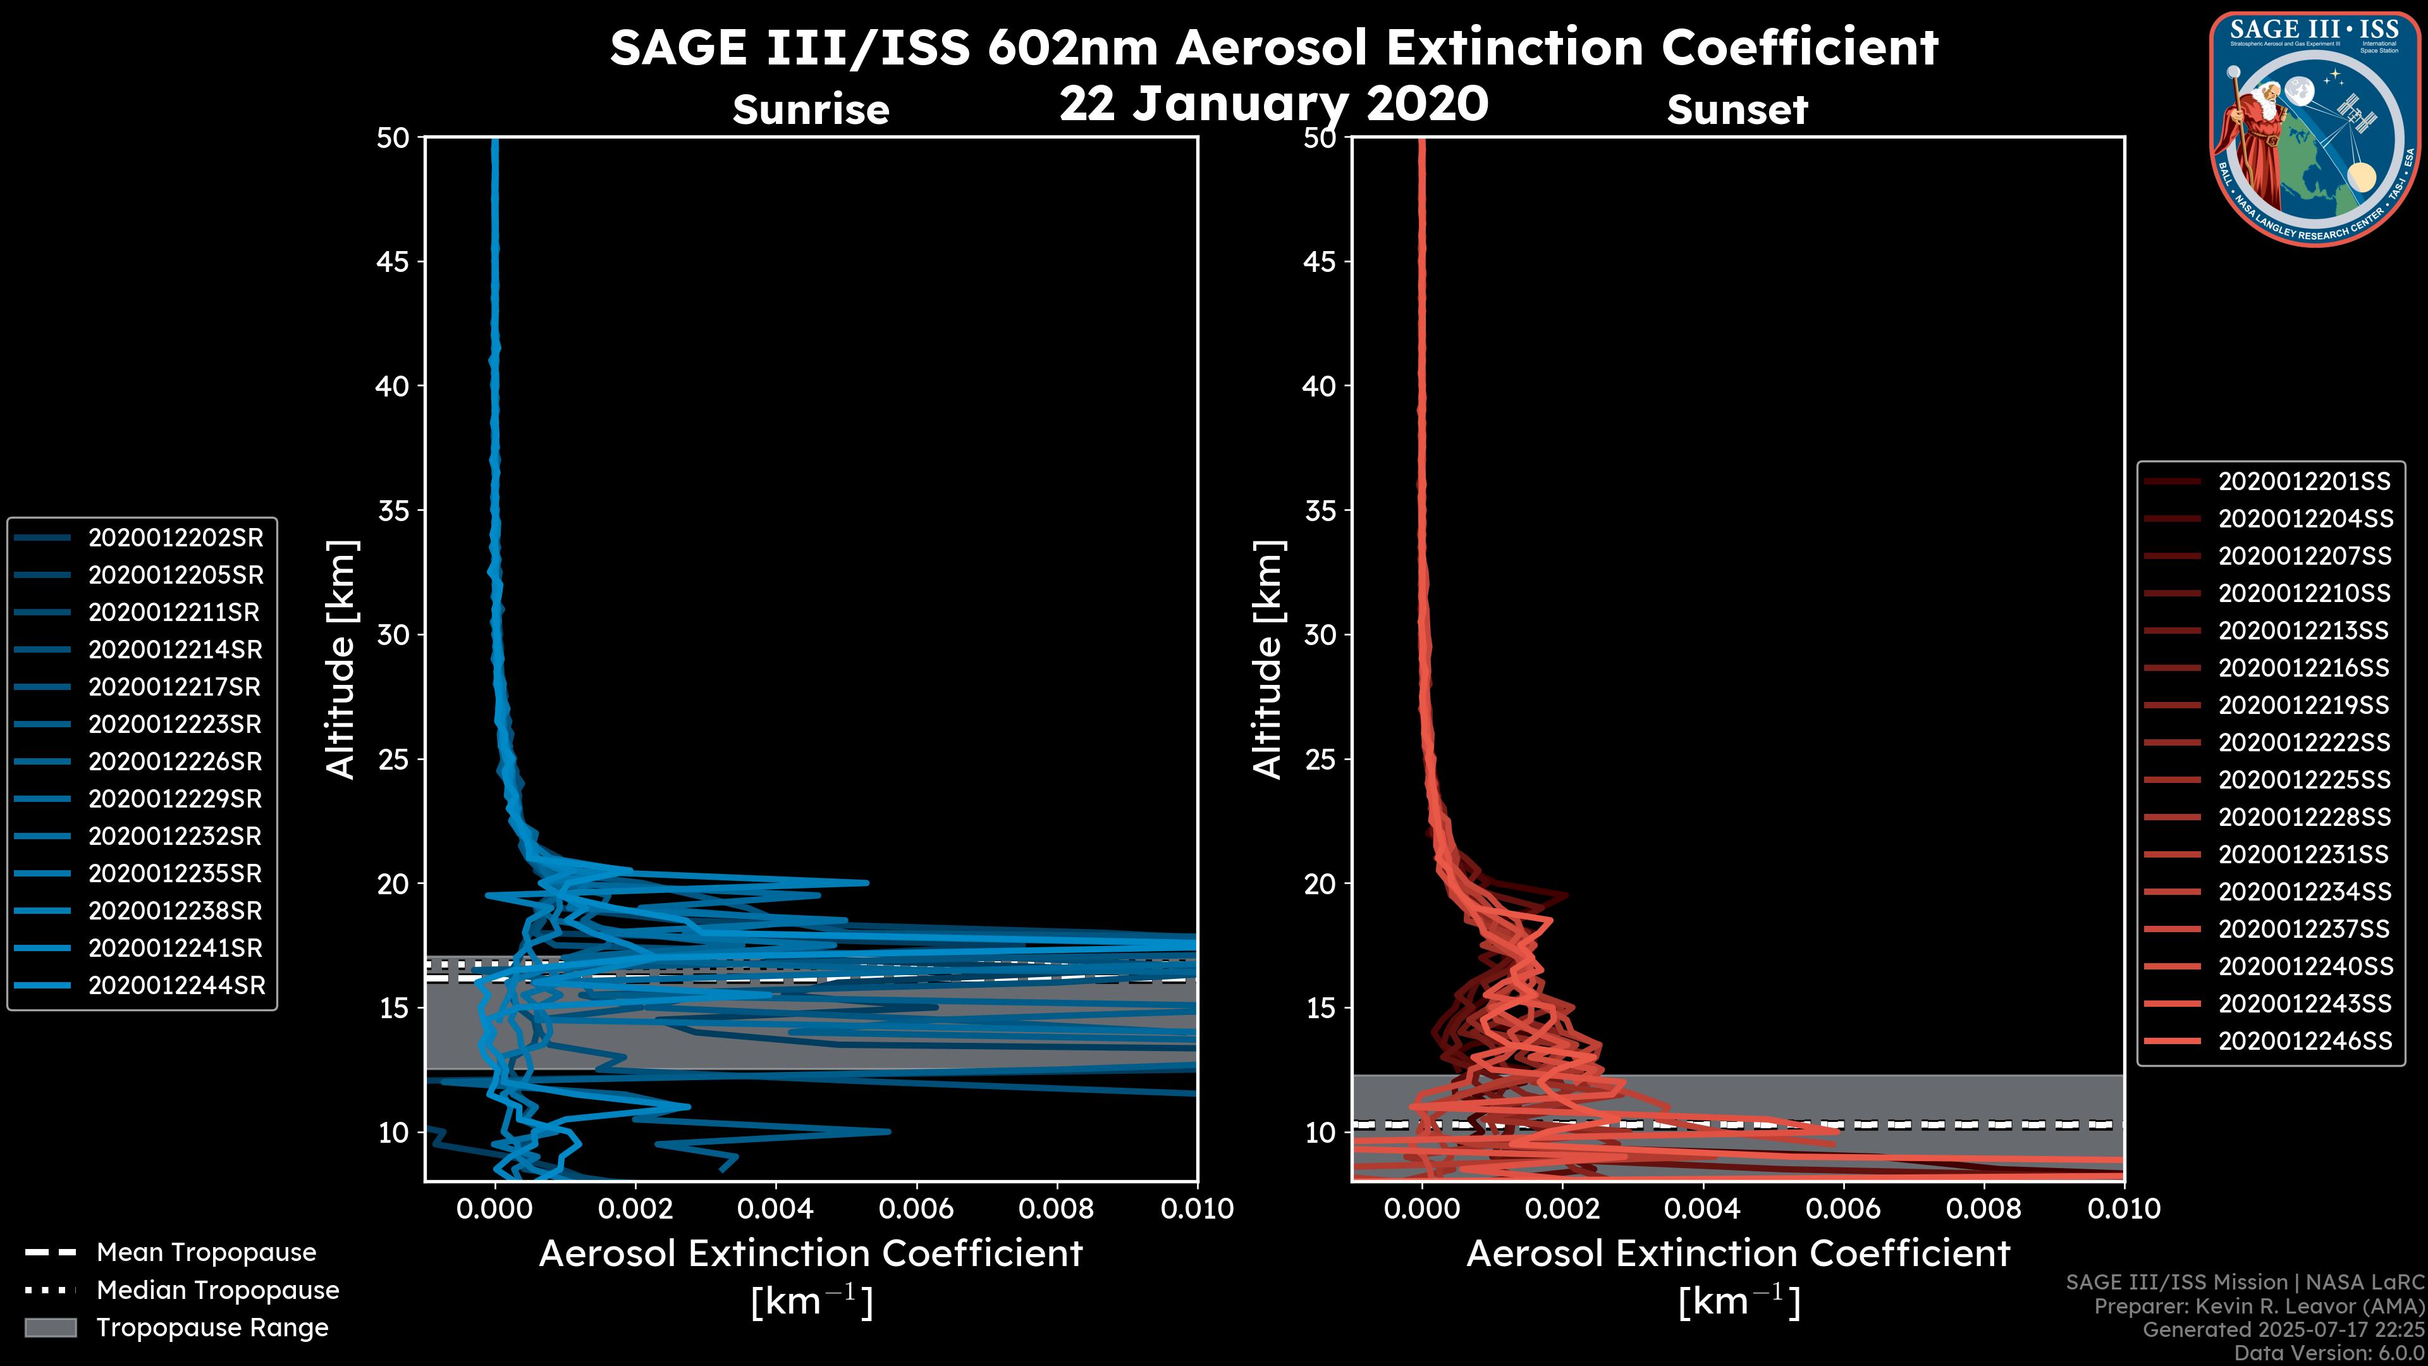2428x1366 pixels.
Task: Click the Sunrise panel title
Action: tap(811, 109)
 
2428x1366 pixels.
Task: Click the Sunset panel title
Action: tap(1737, 109)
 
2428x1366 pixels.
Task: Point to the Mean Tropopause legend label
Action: tap(205, 1252)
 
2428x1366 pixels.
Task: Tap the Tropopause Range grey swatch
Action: tap(50, 1327)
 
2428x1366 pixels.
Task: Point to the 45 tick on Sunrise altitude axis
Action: tap(393, 261)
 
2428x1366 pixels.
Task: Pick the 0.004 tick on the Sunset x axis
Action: tap(1703, 1209)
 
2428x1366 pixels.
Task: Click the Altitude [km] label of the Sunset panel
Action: tap(1268, 660)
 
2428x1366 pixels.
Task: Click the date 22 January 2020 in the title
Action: tap(1273, 104)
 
